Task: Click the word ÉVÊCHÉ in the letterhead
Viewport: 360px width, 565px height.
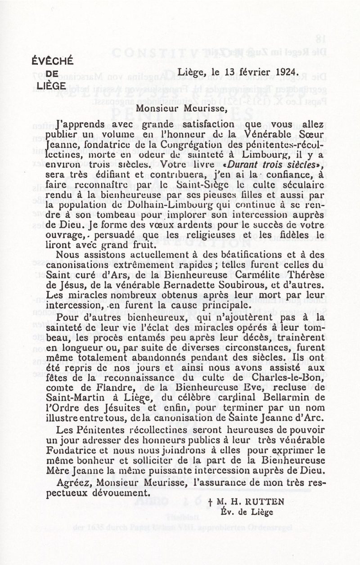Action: coord(53,62)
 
